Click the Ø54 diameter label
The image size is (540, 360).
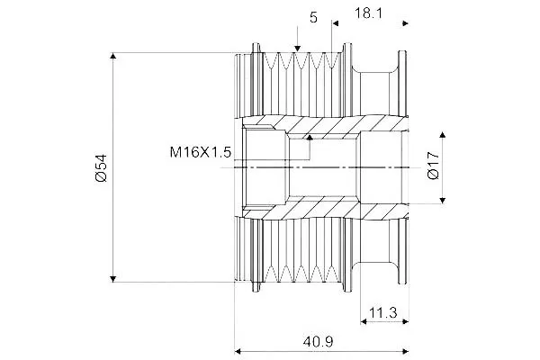(x=102, y=167)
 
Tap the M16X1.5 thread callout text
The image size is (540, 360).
(x=201, y=152)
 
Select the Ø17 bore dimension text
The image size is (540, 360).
(x=433, y=165)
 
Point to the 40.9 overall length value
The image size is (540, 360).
(x=319, y=342)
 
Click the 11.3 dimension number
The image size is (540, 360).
(x=383, y=313)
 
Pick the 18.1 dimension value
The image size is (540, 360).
(x=368, y=13)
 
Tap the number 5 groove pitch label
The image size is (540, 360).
(x=313, y=17)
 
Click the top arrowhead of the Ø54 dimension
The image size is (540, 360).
(x=113, y=56)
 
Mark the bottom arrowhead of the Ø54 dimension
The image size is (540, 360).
(x=113, y=279)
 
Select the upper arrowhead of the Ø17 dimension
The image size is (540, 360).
(x=443, y=134)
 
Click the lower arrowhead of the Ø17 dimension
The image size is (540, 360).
(x=443, y=200)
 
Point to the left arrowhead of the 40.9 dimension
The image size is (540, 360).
(x=238, y=351)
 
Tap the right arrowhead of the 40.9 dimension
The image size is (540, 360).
(x=405, y=351)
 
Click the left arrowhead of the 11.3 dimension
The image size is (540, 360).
(x=364, y=322)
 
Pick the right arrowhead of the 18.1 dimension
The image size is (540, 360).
(x=405, y=23)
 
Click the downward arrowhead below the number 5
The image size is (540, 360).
(x=297, y=49)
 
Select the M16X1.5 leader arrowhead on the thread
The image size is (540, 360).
(x=310, y=138)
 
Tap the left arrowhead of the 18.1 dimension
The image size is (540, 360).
(x=336, y=23)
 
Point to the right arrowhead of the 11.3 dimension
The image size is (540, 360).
(x=405, y=322)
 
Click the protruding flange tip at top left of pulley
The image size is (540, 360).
(x=256, y=45)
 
